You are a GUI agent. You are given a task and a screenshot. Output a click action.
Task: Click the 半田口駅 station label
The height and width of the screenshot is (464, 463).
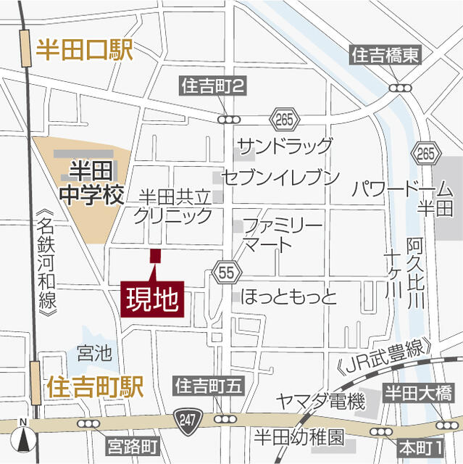coord(86,51)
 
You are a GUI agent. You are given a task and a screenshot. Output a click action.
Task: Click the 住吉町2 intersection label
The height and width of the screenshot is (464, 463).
coord(212,87)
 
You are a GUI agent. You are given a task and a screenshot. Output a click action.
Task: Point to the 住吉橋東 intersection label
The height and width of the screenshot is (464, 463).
coord(385,55)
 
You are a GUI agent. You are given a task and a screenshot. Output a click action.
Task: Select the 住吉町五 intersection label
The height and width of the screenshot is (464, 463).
coord(208,386)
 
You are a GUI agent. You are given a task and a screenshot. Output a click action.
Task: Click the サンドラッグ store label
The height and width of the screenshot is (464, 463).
coord(285,145)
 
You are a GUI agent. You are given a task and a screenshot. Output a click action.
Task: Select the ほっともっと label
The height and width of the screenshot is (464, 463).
coord(289,297)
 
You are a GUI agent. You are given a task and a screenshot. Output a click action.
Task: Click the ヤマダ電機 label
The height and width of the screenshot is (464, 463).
coord(321,401)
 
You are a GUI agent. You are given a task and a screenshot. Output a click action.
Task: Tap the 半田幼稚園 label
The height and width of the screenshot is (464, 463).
coord(298,438)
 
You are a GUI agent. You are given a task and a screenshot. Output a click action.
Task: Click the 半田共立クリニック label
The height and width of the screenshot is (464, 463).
coord(174,206)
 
